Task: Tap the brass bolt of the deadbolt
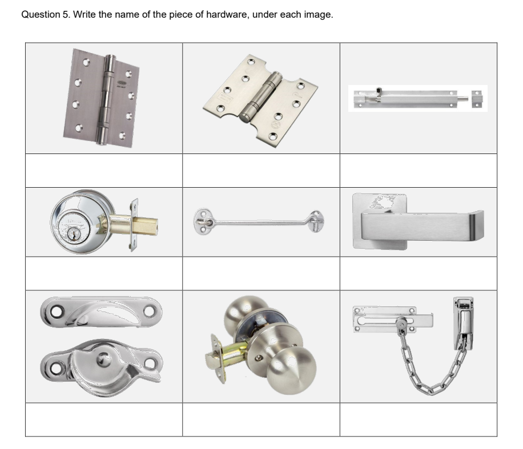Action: [145, 225]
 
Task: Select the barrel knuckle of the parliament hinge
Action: [261, 96]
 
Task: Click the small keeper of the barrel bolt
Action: [477, 99]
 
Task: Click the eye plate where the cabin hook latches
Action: [316, 220]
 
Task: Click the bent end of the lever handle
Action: [477, 225]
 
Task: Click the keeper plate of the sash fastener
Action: [101, 312]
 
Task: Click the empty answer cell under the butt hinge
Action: [104, 171]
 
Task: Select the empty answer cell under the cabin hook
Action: [261, 273]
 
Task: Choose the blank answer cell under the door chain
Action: [419, 419]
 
